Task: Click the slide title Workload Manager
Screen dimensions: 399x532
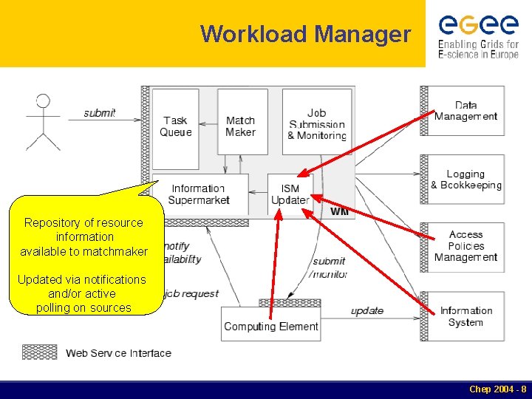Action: pyautogui.click(x=305, y=34)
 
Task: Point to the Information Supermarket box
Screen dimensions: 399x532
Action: pyautogui.click(x=198, y=194)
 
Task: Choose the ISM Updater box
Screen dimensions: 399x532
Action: pyautogui.click(x=290, y=194)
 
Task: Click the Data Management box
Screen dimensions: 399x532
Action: pyautogui.click(x=466, y=111)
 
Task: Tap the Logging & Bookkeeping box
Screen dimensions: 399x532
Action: pyautogui.click(x=466, y=180)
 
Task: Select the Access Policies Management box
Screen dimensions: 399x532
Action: pyautogui.click(x=466, y=246)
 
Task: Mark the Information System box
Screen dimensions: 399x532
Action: pyautogui.click(x=466, y=316)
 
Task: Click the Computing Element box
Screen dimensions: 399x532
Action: pyautogui.click(x=271, y=326)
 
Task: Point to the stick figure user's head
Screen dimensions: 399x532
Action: pyautogui.click(x=43, y=101)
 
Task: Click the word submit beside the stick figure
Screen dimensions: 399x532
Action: pyautogui.click(x=99, y=112)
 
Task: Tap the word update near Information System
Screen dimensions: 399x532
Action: pyautogui.click(x=367, y=310)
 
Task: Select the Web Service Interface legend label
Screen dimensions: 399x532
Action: pyautogui.click(x=118, y=353)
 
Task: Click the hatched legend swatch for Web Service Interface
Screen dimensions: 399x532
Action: pyautogui.click(x=40, y=352)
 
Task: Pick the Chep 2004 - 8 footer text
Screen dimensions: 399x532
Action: pyautogui.click(x=497, y=389)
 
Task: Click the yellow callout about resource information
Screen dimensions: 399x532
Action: pyautogui.click(x=84, y=255)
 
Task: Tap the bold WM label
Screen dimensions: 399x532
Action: pyautogui.click(x=340, y=212)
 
